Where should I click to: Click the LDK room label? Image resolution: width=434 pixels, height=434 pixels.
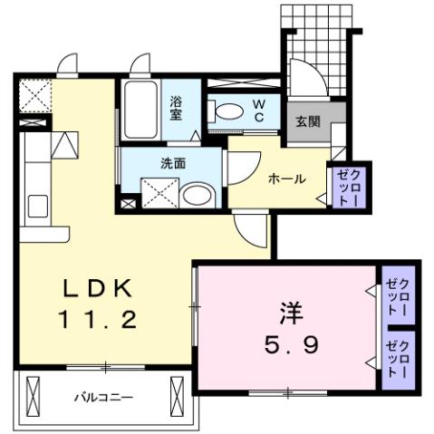[x=101, y=288]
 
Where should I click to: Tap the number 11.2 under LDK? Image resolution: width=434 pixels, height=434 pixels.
[x=101, y=318]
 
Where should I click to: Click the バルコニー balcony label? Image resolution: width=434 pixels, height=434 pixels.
[x=104, y=397]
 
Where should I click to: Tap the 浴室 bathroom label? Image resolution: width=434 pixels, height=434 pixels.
[x=176, y=108]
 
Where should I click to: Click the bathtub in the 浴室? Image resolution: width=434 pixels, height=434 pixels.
[x=141, y=110]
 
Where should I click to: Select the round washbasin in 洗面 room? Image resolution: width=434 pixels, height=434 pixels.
[x=197, y=193]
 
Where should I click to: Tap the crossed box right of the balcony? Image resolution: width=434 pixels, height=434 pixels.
[x=176, y=396]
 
